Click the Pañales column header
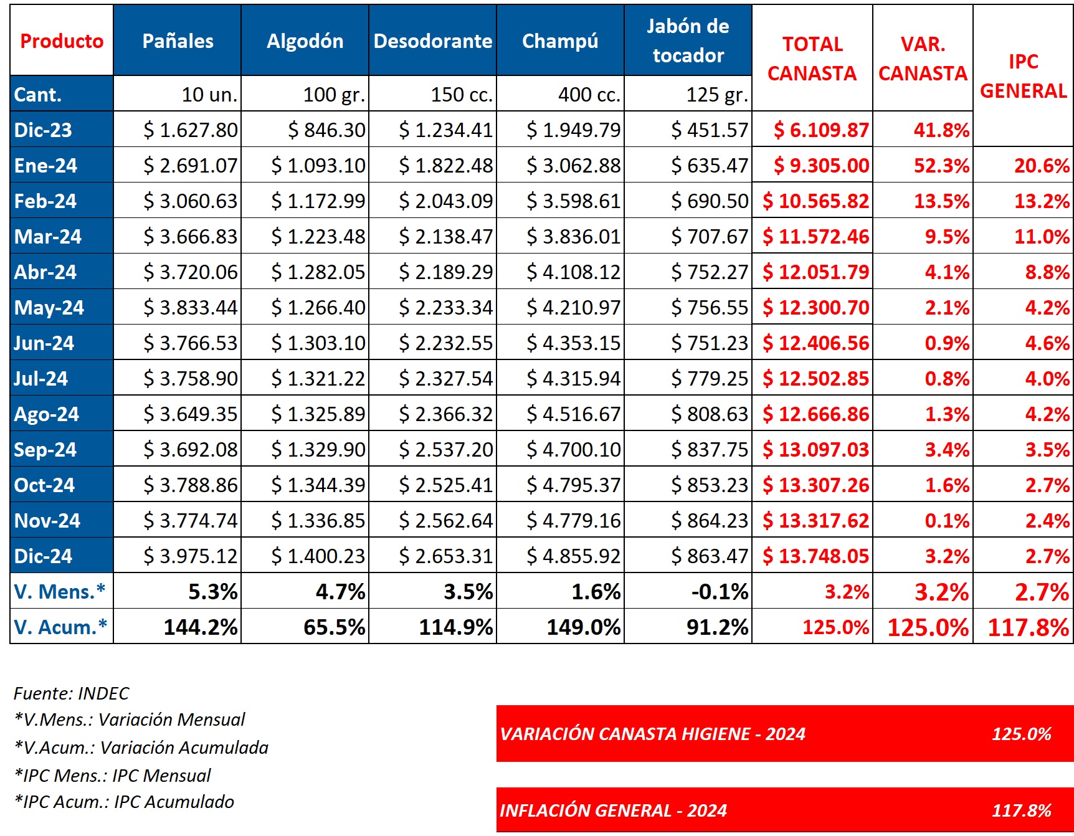pyautogui.click(x=178, y=41)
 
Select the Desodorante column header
pyautogui.click(x=433, y=41)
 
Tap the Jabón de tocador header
pyautogui.click(x=688, y=41)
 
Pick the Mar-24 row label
pyautogui.click(x=48, y=237)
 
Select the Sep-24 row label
pyautogui.click(x=45, y=450)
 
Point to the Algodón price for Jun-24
pyautogui.click(x=318, y=343)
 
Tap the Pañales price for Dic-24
pyautogui.click(x=191, y=556)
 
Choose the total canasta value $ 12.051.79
pyautogui.click(x=815, y=272)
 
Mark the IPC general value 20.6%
pyautogui.click(x=1042, y=166)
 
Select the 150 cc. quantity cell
pyautogui.click(x=462, y=95)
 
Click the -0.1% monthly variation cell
pyautogui.click(x=720, y=592)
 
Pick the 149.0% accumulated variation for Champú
pyautogui.click(x=583, y=627)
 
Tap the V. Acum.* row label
pyautogui.click(x=60, y=627)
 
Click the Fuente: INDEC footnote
pyautogui.click(x=72, y=693)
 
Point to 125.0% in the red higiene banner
pyautogui.click(x=1021, y=734)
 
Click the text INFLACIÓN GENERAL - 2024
pyautogui.click(x=613, y=810)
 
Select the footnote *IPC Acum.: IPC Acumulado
pyautogui.click(x=125, y=802)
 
